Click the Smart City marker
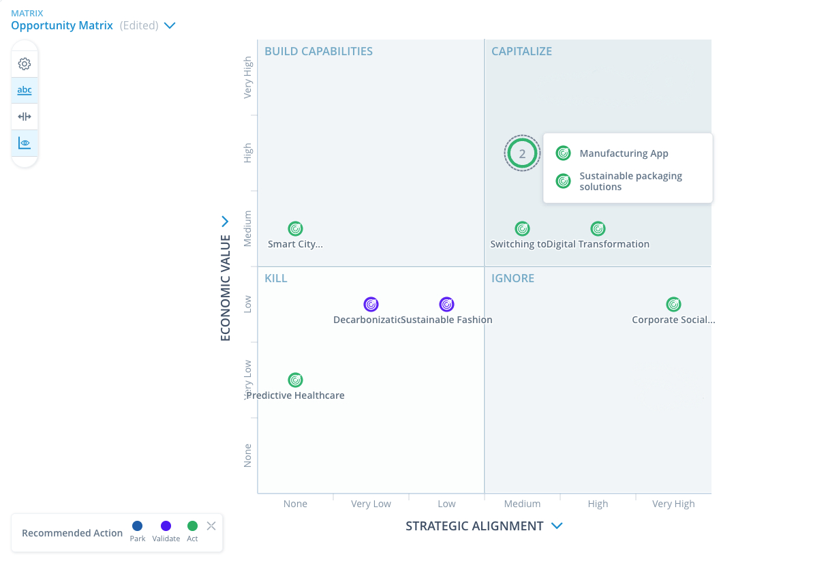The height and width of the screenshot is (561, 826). pyautogui.click(x=295, y=229)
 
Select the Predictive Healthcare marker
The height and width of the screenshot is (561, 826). pyautogui.click(x=295, y=380)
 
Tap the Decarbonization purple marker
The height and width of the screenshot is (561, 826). pyautogui.click(x=371, y=305)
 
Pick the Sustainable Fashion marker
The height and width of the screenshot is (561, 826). pyautogui.click(x=446, y=305)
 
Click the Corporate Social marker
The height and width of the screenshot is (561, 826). pyautogui.click(x=673, y=305)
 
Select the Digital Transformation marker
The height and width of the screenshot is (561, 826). pyautogui.click(x=598, y=229)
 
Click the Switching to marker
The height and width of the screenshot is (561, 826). pyautogui.click(x=522, y=229)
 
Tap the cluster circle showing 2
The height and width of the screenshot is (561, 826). pyautogui.click(x=522, y=153)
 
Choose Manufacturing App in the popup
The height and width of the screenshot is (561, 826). pyautogui.click(x=624, y=153)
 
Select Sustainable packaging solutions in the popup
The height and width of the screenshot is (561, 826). pyautogui.click(x=630, y=181)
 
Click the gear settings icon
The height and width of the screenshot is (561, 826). pyautogui.click(x=25, y=64)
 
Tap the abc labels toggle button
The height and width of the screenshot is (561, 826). pyautogui.click(x=25, y=90)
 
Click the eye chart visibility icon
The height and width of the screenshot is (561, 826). pyautogui.click(x=25, y=143)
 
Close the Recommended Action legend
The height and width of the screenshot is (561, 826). pyautogui.click(x=211, y=526)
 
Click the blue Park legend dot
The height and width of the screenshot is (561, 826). pyautogui.click(x=137, y=526)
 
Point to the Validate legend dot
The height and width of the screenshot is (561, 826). pyautogui.click(x=166, y=526)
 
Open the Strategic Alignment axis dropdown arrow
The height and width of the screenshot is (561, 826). pyautogui.click(x=557, y=526)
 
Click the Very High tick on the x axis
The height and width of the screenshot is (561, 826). pyautogui.click(x=673, y=504)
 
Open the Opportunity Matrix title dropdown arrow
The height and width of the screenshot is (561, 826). pyautogui.click(x=170, y=26)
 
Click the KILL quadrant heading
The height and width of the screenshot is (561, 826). pyautogui.click(x=276, y=278)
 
